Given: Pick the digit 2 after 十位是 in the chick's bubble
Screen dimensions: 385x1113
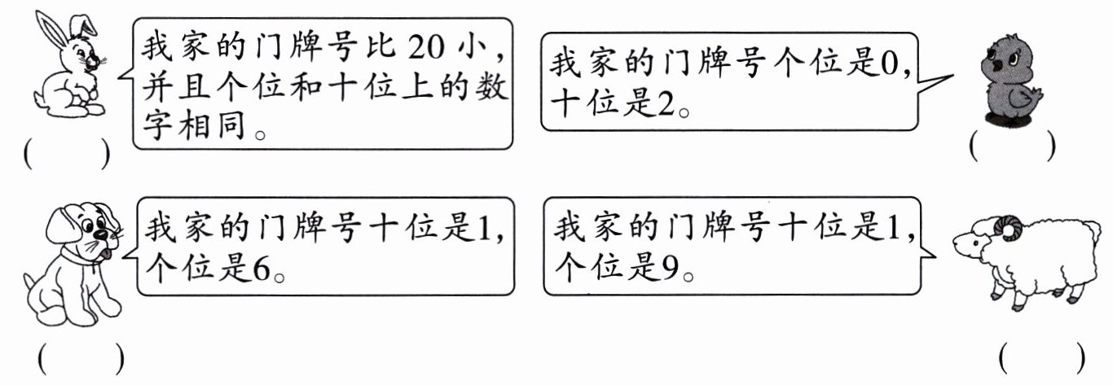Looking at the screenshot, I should [x=665, y=104].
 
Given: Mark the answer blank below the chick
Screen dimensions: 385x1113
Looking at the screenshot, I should [x=1012, y=146].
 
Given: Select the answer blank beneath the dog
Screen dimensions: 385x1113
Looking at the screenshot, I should [x=80, y=358].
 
